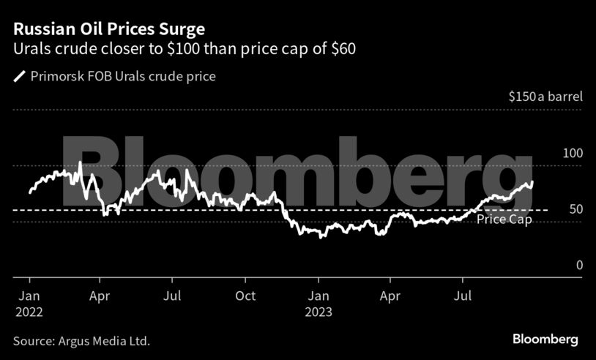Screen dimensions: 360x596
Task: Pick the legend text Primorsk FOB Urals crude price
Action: coord(123,76)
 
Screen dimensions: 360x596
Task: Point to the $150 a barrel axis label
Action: coord(544,97)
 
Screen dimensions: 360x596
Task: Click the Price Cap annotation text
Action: coord(504,220)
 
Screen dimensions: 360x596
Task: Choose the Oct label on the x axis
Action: coord(246,296)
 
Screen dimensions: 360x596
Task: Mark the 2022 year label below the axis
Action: coord(29,312)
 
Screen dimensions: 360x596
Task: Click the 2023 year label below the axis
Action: coord(319,312)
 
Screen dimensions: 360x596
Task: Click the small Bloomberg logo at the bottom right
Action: coord(545,340)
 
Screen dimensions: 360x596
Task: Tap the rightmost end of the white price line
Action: coord(532,181)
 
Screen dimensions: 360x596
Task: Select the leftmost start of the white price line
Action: coord(29,192)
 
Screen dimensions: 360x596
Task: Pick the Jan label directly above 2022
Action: coord(29,296)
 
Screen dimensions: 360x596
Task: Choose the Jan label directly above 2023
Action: coord(319,296)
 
